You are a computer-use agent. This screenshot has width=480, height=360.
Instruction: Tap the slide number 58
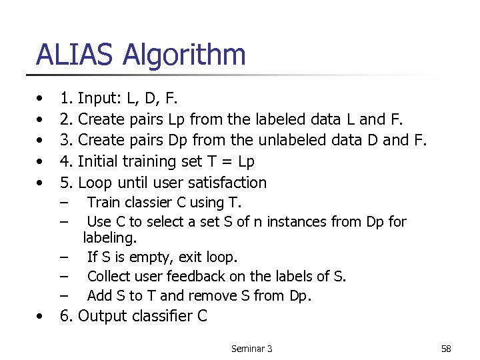coord(446,349)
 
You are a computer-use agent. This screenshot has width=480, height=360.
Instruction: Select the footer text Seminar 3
coord(251,349)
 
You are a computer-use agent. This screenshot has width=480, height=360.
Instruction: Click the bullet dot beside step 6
coord(41,317)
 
